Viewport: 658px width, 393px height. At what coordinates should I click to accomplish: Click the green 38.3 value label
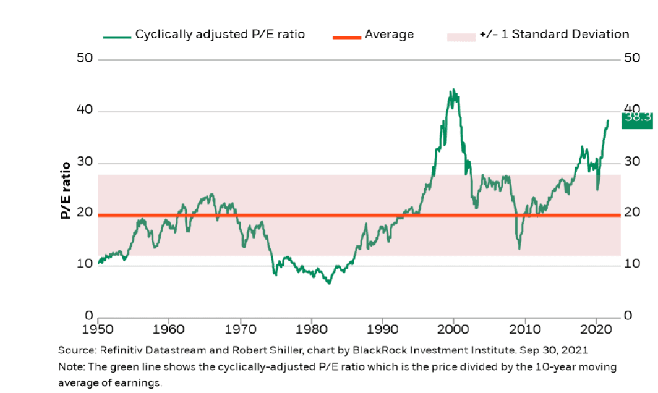coord(636,117)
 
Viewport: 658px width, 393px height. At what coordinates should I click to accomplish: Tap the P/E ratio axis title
coord(65,190)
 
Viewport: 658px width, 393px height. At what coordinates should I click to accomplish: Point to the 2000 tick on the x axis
coord(454,327)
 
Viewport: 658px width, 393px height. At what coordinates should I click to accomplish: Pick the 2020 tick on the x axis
coord(596,327)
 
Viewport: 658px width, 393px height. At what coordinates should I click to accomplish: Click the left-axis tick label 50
coord(85,59)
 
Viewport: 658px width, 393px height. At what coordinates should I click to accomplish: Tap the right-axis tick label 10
coord(632,264)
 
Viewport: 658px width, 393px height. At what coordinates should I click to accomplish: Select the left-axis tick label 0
coord(89,316)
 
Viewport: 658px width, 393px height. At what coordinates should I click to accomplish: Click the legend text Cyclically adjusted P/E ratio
coord(220,35)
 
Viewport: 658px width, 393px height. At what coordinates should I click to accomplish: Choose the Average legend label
coord(389,35)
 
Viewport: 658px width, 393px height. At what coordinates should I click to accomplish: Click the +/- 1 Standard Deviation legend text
coord(553,35)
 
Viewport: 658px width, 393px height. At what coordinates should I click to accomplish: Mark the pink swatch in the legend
coord(459,36)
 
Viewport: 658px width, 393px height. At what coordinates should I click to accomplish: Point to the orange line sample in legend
coord(347,36)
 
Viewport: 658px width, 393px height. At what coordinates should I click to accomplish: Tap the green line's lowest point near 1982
coord(329,284)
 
